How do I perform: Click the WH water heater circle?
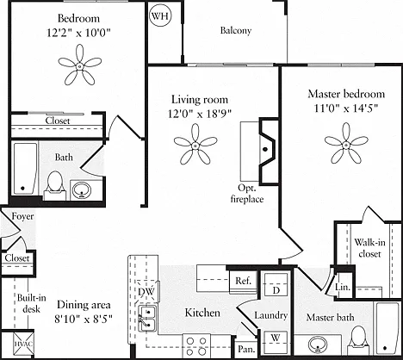[x=160, y=16]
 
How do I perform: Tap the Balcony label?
[x=236, y=30]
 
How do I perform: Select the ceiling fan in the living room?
[x=195, y=145]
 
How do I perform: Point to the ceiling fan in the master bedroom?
[x=346, y=144]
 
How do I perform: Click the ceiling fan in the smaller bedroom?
[x=80, y=66]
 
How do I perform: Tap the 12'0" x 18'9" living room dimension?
[x=200, y=114]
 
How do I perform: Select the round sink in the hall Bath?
[x=82, y=190]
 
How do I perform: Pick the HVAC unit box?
[x=24, y=344]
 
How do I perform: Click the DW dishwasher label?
[x=146, y=291]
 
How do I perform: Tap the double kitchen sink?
[x=147, y=318]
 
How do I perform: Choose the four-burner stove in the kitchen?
[x=196, y=346]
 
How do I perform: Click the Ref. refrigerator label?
[x=243, y=281]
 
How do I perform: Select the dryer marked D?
[x=276, y=284]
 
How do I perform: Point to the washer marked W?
[x=276, y=342]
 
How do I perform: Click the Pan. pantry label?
[x=246, y=349]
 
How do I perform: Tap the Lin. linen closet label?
[x=343, y=287]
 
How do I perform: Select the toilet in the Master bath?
[x=359, y=340]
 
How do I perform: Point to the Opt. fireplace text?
[x=247, y=194]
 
